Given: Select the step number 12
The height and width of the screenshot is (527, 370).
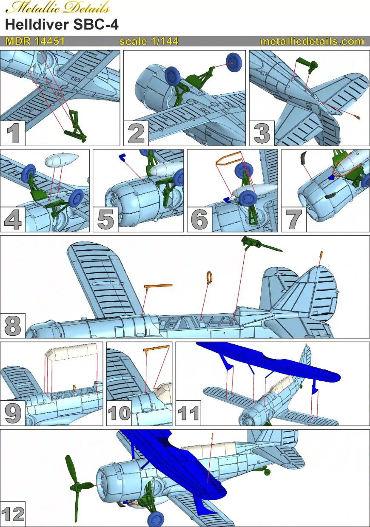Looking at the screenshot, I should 13,515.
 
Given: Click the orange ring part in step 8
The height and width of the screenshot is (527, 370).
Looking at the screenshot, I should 209,277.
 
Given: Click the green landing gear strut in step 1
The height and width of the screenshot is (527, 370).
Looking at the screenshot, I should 77,127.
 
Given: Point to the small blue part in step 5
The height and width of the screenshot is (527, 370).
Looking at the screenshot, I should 123,157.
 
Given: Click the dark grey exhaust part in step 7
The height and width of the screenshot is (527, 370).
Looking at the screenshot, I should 303,158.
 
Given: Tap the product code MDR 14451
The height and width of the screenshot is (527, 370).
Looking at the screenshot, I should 35,42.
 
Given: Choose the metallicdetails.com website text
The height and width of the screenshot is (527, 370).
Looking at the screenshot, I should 312,42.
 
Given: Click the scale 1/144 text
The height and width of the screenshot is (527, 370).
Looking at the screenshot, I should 149,42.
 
